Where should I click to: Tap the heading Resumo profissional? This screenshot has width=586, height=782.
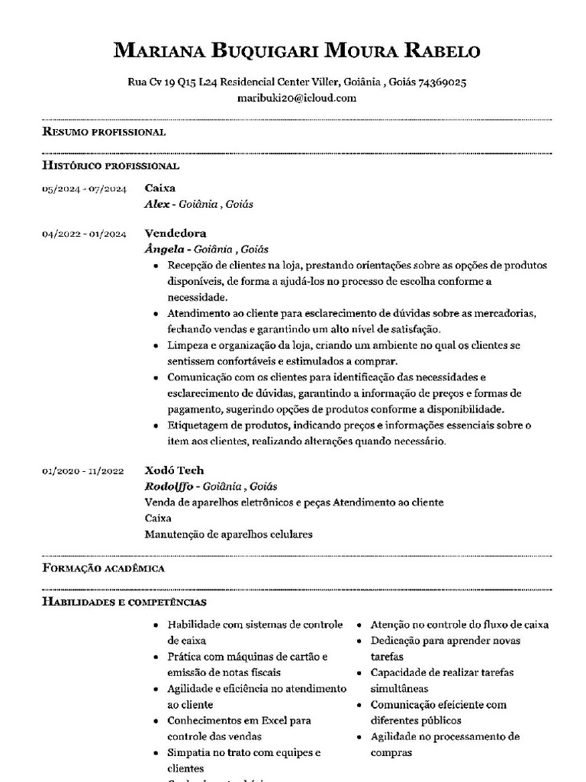(x=104, y=132)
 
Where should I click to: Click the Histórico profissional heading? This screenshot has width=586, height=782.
(x=111, y=165)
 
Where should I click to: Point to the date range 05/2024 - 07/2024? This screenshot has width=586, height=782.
(x=84, y=189)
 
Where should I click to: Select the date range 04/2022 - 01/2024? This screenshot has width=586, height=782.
(x=84, y=234)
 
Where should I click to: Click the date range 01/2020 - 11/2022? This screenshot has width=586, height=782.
(x=83, y=471)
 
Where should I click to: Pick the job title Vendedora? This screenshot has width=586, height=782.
(x=175, y=233)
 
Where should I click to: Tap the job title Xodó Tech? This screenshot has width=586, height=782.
(x=174, y=470)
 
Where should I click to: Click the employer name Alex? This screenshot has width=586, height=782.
(x=156, y=205)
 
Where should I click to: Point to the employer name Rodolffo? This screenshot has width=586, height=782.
(x=169, y=486)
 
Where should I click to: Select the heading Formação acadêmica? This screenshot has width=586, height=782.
(x=103, y=569)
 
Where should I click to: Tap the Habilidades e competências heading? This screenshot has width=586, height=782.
(x=124, y=603)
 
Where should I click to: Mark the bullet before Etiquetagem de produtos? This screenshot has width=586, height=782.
(x=156, y=425)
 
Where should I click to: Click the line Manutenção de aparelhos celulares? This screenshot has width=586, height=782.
(x=228, y=534)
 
